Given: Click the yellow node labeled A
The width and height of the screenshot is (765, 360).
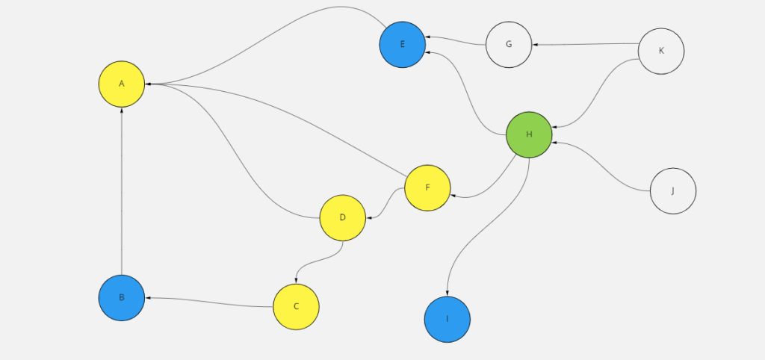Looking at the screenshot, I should click(121, 84).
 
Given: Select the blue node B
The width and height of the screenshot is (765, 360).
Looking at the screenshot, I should click(121, 297).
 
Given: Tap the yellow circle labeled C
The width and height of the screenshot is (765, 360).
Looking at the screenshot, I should click(296, 306).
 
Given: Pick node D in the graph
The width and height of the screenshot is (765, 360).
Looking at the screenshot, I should click(342, 217).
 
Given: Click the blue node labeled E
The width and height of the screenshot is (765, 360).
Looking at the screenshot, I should click(402, 44).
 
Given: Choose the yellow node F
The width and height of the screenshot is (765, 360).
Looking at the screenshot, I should click(427, 187).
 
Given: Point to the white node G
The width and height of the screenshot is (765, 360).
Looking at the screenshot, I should click(509, 44).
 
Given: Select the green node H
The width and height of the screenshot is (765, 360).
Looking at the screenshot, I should click(529, 134).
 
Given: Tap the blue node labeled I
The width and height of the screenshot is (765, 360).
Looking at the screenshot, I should click(447, 319).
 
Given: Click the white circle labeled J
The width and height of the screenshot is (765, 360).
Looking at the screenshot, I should click(673, 190).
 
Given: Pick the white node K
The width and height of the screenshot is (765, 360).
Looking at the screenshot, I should click(661, 51).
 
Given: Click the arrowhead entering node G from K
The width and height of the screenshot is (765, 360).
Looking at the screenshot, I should click(535, 45).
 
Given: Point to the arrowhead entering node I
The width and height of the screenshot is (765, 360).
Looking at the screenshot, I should click(447, 294).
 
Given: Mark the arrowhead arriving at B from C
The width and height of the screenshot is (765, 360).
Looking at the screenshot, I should click(148, 298).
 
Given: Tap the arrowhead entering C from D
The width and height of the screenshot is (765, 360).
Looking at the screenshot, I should click(297, 281).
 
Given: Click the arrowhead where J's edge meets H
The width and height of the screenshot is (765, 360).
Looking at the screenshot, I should click(554, 142).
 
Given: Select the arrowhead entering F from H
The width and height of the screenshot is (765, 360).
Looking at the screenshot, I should click(453, 196).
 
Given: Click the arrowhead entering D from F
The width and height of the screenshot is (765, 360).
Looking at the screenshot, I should click(368, 218).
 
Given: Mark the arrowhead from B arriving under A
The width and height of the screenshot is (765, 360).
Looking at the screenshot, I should click(121, 110).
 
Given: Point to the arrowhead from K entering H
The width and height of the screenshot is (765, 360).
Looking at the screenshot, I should click(554, 128).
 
